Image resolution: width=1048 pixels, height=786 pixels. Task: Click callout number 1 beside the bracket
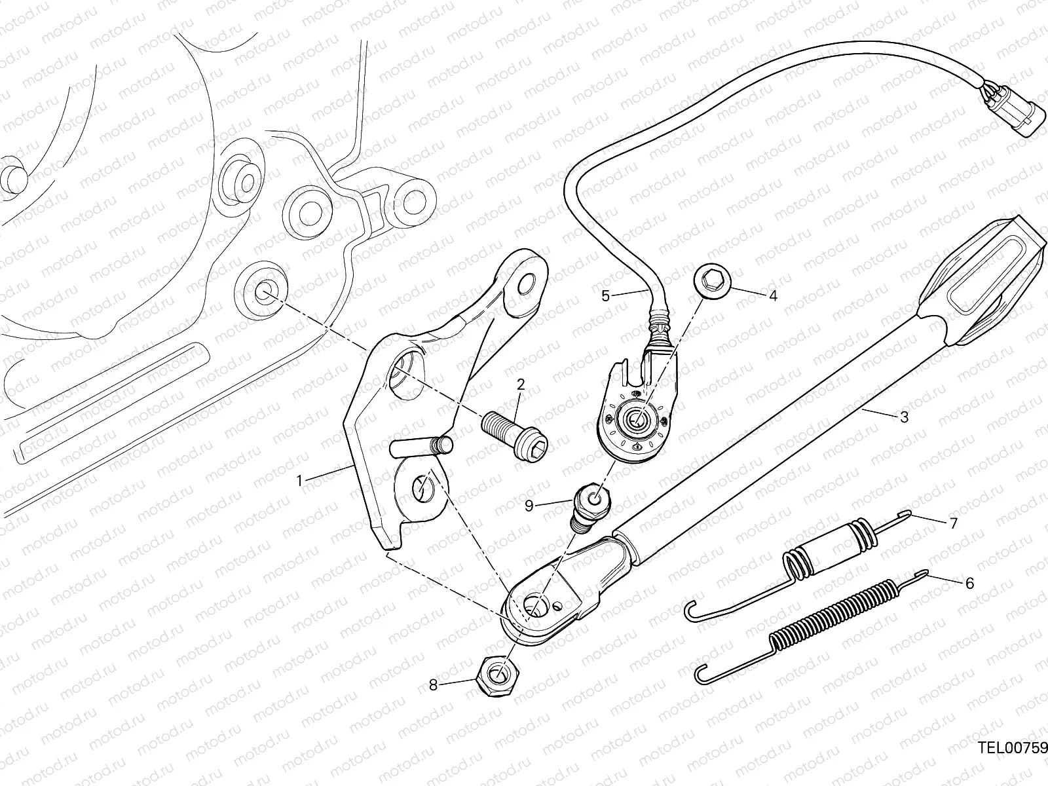point(300,481)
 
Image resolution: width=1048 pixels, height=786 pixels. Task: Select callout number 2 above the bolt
point(521,384)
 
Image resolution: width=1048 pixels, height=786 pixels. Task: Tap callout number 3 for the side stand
point(904,417)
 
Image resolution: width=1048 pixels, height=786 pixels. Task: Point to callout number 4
point(773,296)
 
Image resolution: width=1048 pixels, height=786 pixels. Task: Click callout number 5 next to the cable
point(605,296)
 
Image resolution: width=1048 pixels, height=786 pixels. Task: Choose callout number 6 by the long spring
point(969,583)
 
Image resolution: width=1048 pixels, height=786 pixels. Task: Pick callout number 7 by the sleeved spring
point(954,523)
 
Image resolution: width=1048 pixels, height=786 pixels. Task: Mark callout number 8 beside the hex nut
point(433,685)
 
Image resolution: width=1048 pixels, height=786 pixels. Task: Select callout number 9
point(529,506)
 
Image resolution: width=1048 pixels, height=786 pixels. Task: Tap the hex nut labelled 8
point(498,676)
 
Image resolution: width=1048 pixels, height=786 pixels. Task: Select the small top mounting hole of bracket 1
point(526,284)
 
